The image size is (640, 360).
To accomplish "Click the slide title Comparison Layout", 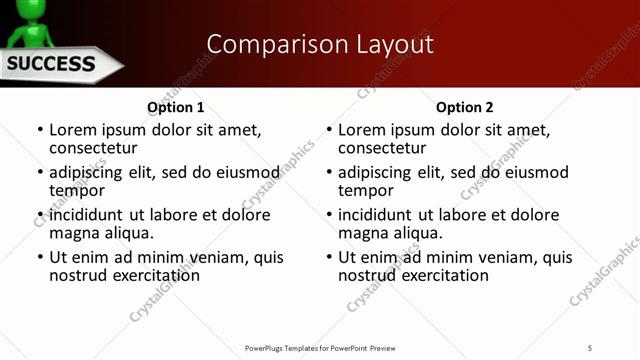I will click(x=320, y=44).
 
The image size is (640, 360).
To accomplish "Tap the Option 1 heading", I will click(x=176, y=107).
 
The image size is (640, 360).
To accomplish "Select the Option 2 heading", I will click(x=465, y=107).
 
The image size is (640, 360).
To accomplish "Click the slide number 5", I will click(x=590, y=347).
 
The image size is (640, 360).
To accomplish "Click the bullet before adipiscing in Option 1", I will click(x=40, y=173).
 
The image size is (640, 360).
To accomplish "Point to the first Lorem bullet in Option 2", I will click(x=329, y=131).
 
